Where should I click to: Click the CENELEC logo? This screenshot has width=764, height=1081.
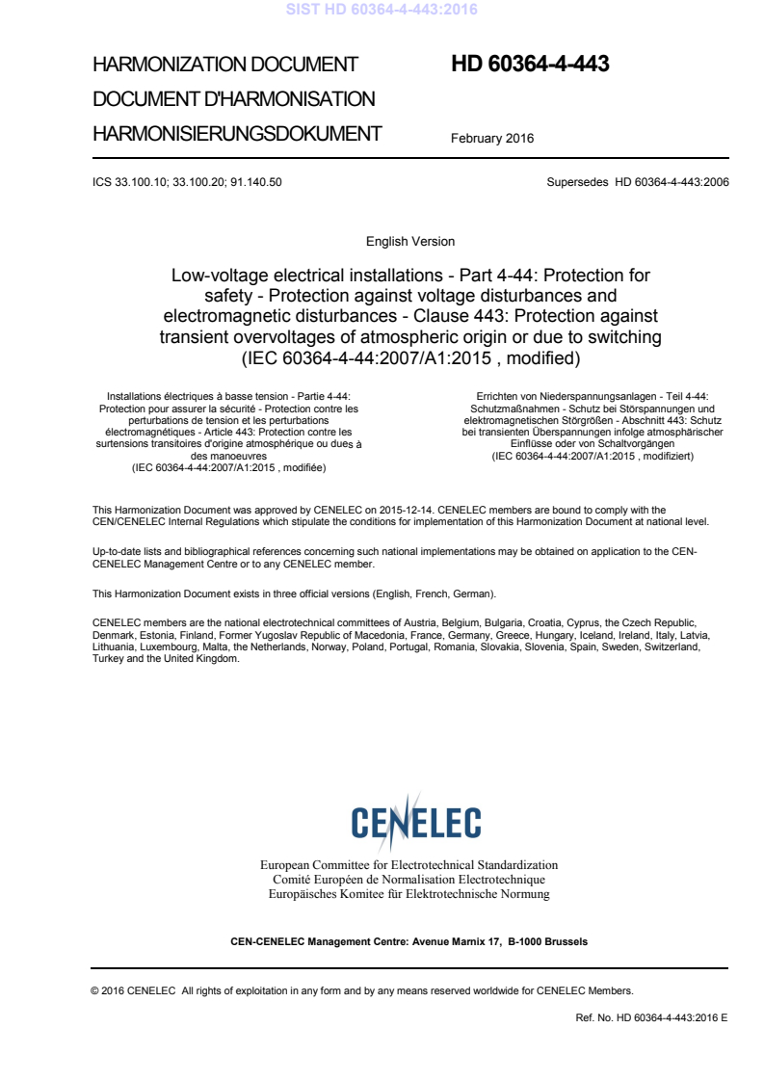click(416, 822)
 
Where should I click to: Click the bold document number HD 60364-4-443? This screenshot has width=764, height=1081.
click(530, 65)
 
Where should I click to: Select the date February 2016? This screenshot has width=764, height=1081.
click(492, 138)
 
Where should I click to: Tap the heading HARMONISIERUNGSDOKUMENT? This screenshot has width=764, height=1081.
click(237, 133)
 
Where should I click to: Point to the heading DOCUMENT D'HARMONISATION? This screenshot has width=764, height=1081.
click(233, 98)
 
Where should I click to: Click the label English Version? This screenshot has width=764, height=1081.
click(410, 241)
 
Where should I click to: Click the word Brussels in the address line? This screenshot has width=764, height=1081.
click(564, 941)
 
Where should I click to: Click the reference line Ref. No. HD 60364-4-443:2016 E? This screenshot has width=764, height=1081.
click(651, 1016)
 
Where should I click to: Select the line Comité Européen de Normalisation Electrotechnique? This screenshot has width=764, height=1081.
click(408, 880)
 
